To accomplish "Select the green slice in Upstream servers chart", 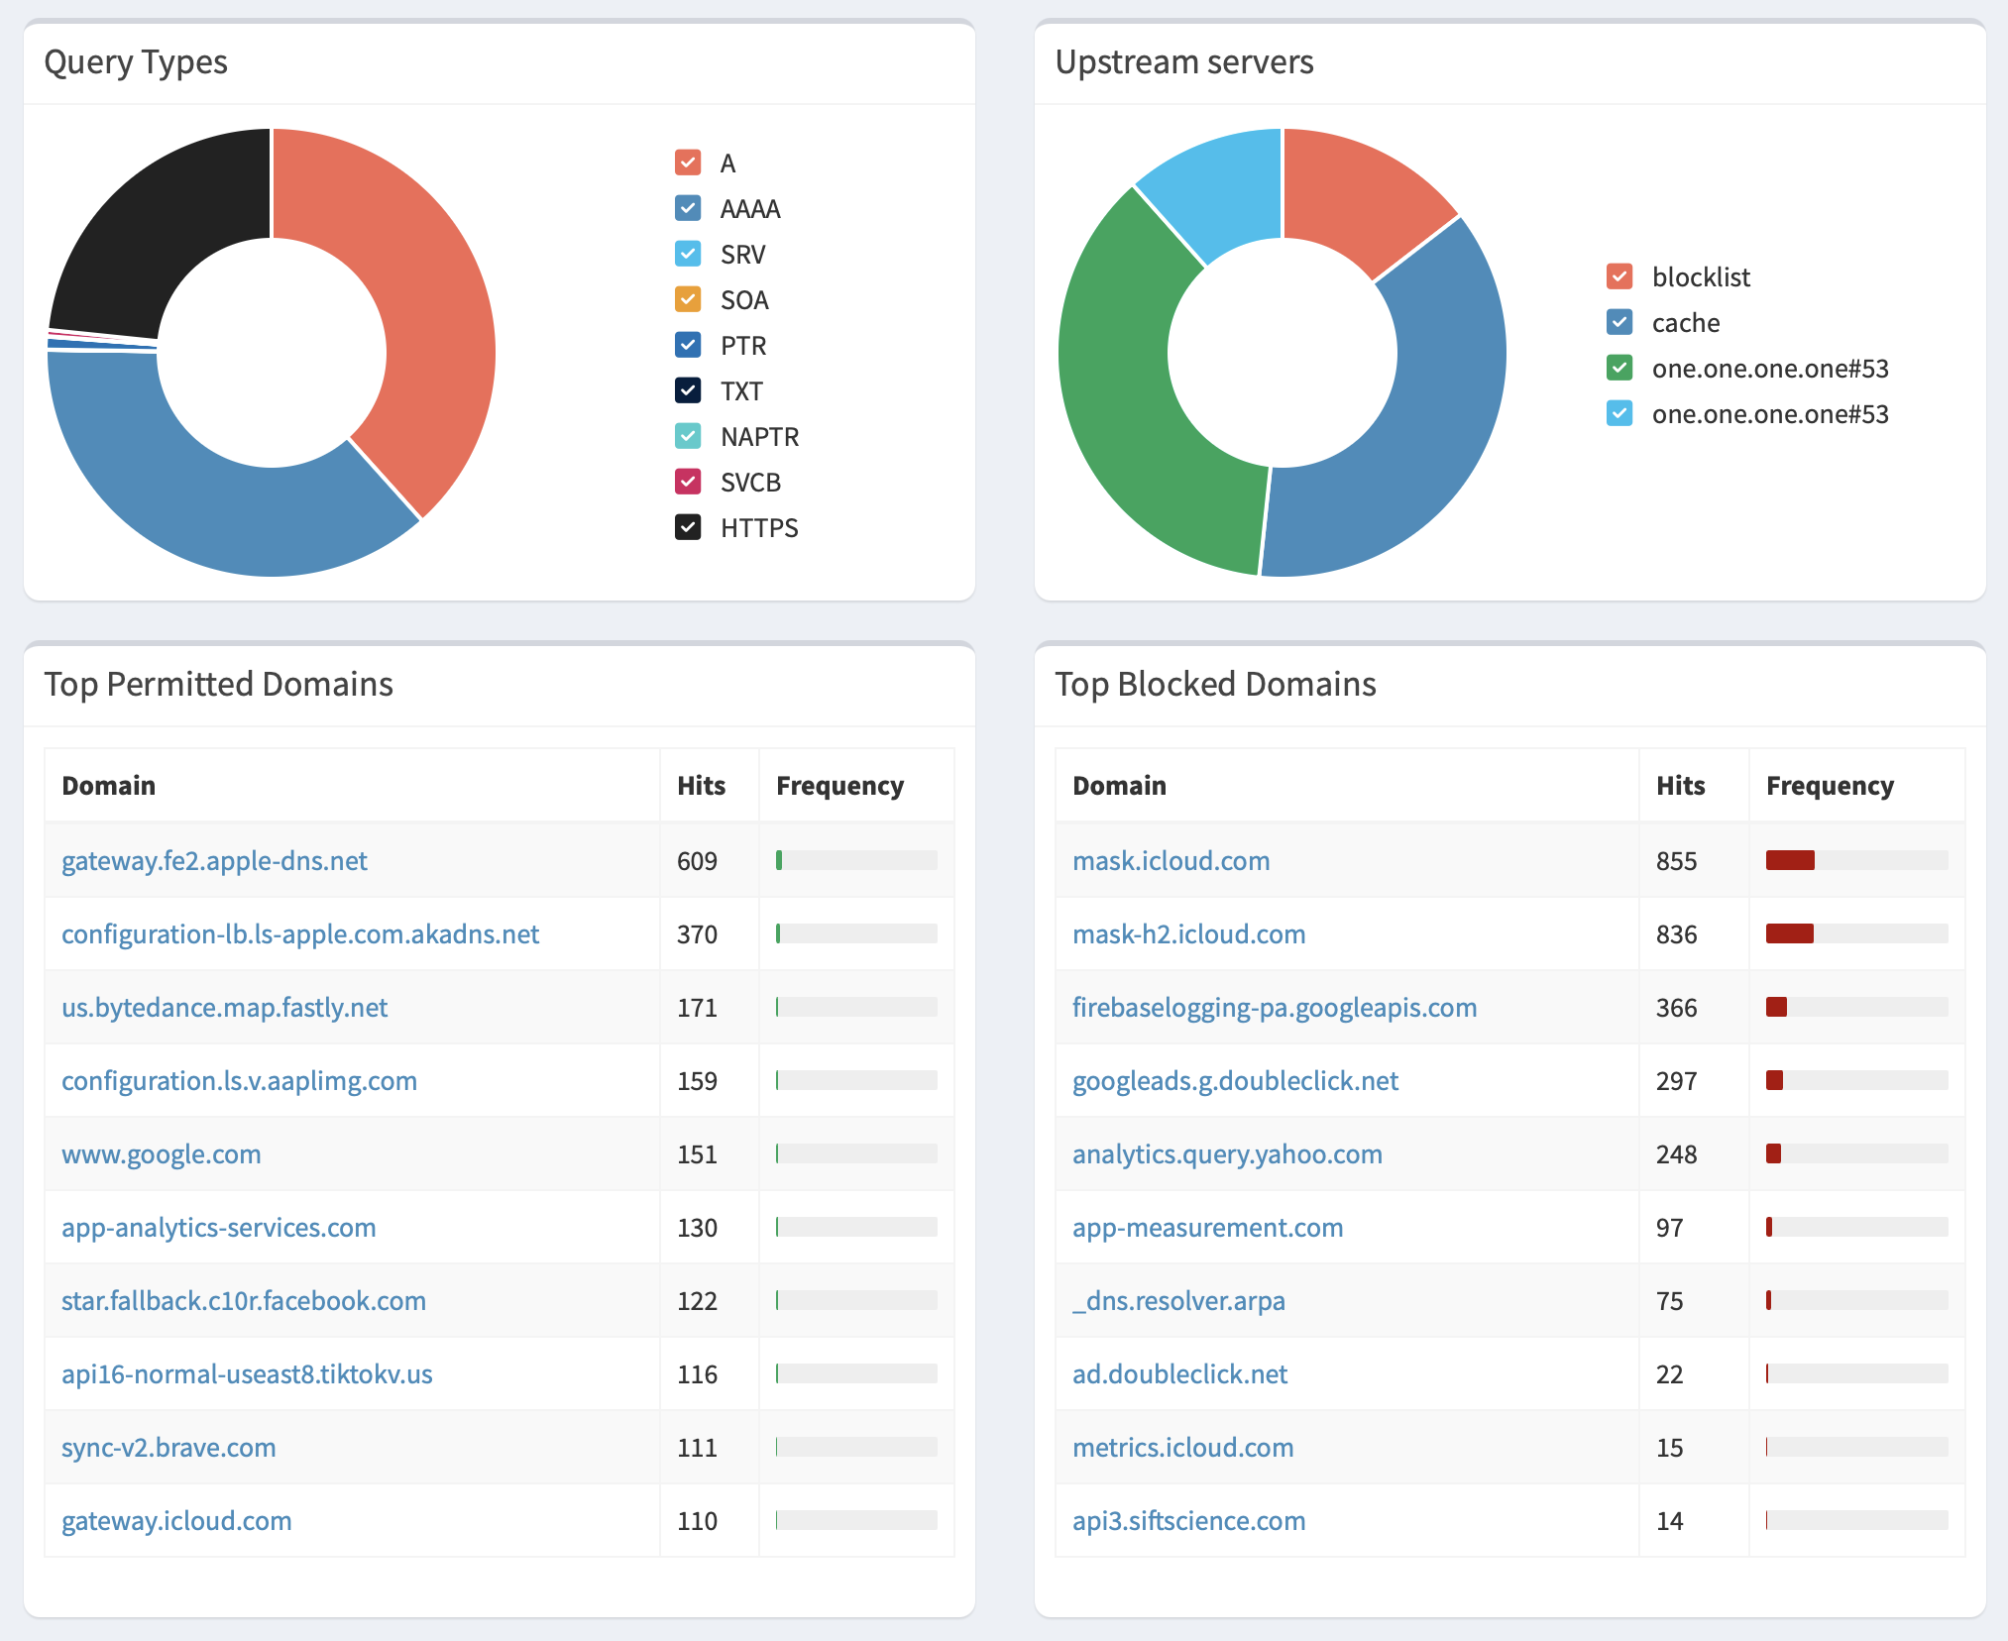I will click(1140, 396).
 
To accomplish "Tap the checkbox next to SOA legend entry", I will click(688, 299).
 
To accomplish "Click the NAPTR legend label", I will click(759, 437).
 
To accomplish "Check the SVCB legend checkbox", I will click(688, 482).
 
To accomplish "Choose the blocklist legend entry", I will click(1700, 277).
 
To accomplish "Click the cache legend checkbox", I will click(1619, 322).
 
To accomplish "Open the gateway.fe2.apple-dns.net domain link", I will click(214, 861).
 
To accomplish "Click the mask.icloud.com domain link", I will click(1171, 861).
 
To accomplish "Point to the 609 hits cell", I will click(697, 861).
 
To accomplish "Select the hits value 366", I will click(1676, 1008).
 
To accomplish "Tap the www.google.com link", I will click(162, 1154).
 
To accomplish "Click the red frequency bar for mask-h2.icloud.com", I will click(1789, 933).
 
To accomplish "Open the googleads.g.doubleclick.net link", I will click(1235, 1081).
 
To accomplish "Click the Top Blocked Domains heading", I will click(1215, 685).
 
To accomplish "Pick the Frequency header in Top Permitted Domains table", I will click(839, 786).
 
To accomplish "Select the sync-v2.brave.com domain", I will click(168, 1448).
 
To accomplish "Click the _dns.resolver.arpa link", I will click(1178, 1301).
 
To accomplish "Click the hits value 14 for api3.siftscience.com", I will click(1669, 1521).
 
